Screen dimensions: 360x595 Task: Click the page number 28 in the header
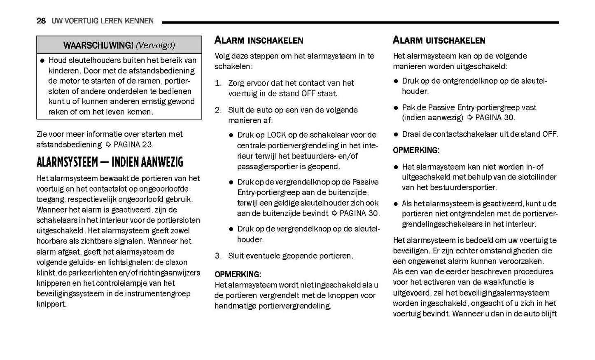tap(41, 21)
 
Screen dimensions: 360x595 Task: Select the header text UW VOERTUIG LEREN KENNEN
tap(103, 21)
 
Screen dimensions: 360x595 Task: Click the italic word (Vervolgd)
tap(155, 45)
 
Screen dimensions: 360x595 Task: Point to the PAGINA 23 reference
tap(133, 145)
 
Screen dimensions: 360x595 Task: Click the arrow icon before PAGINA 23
tap(108, 145)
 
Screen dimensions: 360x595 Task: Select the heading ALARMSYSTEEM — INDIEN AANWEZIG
tap(110, 162)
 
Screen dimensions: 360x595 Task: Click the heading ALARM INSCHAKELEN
tap(259, 40)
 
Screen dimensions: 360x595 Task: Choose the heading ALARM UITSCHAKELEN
tap(439, 40)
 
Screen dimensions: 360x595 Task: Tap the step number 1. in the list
tap(218, 83)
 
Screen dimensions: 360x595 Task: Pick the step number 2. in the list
tap(218, 110)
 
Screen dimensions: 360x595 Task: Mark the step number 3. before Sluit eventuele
tap(218, 256)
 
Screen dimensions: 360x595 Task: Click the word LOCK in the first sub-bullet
tap(276, 135)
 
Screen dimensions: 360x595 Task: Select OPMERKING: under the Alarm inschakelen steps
tap(238, 274)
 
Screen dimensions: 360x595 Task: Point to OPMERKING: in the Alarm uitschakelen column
tap(416, 150)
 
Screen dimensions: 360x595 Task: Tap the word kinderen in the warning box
tap(63, 71)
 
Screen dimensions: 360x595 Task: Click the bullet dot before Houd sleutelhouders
tap(42, 61)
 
